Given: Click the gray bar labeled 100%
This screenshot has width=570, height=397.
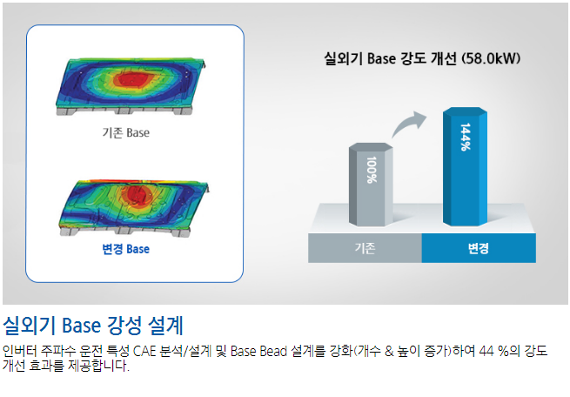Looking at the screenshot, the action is click(371, 185).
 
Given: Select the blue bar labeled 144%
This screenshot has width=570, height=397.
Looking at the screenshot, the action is click(465, 166).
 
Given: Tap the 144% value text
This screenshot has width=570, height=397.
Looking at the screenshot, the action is click(466, 137).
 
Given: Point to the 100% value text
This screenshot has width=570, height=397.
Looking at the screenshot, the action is click(372, 170).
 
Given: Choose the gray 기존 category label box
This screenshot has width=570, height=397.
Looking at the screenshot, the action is click(365, 248).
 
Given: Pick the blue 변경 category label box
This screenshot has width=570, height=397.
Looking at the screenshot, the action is click(479, 248).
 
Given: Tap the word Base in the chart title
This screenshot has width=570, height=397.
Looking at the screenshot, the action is click(381, 58).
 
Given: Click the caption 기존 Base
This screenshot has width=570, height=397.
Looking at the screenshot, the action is click(126, 132).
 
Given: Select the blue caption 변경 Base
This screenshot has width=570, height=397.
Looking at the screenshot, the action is click(126, 249).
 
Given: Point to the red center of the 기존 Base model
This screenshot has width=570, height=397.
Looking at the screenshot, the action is click(131, 79).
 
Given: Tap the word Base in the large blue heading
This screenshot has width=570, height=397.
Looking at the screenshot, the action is click(81, 325).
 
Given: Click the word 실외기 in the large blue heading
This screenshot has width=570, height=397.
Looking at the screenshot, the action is click(29, 325).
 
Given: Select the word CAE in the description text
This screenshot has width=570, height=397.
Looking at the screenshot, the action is click(145, 351).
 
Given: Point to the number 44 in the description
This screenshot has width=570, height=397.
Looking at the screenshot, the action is click(487, 351).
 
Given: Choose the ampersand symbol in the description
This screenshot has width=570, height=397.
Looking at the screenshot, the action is click(389, 351).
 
